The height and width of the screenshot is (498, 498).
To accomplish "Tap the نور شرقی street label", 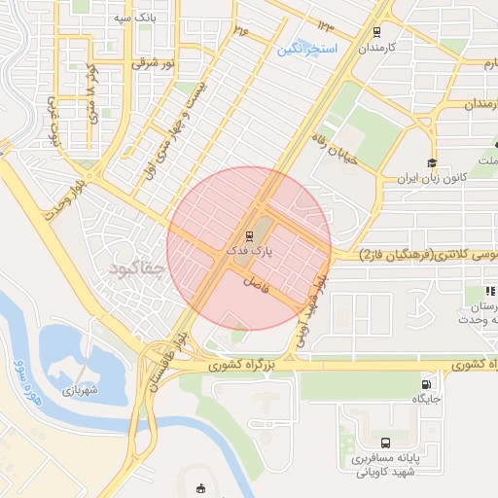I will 154,63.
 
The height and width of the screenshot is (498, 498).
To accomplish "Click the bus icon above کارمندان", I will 375,31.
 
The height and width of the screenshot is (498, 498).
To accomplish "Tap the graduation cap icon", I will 432,162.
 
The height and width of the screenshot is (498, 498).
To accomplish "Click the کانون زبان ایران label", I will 432,180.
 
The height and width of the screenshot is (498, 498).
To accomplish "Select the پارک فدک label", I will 249,250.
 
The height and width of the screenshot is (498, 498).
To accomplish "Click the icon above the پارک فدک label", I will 249,234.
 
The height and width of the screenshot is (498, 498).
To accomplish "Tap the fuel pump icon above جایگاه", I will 425,382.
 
